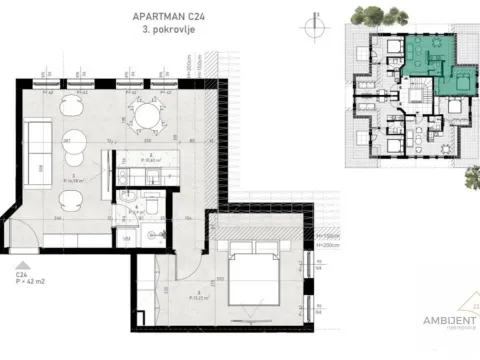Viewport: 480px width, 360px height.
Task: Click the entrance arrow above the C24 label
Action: coord(21,258)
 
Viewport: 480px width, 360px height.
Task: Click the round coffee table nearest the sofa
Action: coord(73,140)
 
